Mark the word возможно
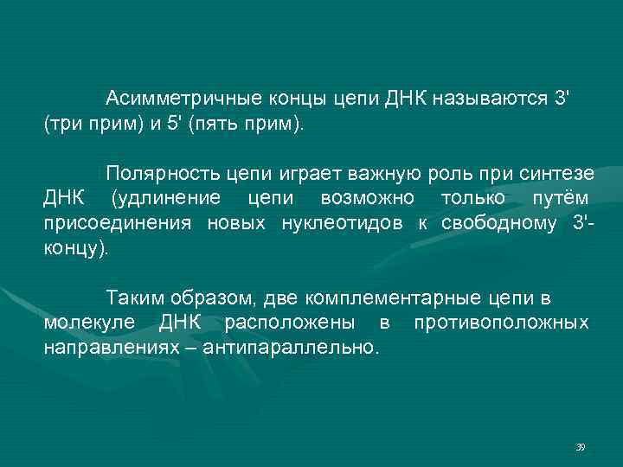[x=367, y=198]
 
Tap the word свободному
[x=495, y=224]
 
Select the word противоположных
[x=501, y=323]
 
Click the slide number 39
[x=580, y=446]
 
